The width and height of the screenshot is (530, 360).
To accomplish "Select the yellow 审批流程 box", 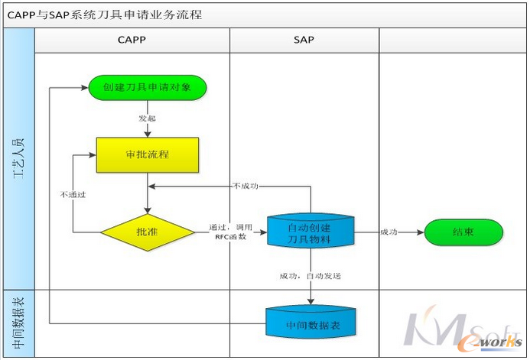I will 147,154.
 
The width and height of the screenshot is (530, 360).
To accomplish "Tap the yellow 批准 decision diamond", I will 147,230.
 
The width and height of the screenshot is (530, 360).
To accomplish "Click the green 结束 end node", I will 463,232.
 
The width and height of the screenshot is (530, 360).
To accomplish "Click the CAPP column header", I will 132,40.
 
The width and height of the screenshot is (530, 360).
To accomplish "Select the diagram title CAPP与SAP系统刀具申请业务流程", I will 105,14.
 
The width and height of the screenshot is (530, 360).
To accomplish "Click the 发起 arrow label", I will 147,118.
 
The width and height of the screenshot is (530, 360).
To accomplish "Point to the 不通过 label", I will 72,194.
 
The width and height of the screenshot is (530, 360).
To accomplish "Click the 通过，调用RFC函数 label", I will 230,232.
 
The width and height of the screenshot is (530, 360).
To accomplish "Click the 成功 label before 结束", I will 388,232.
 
